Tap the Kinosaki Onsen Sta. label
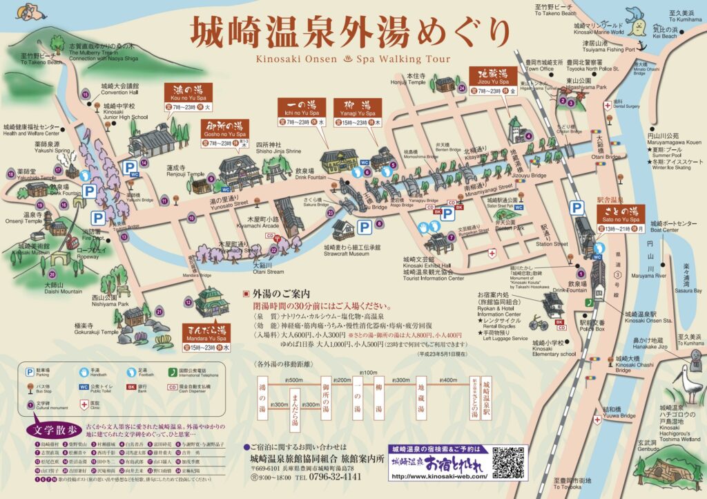pyautogui.click(x=649, y=318)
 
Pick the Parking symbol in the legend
pyautogui.click(x=29, y=371)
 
